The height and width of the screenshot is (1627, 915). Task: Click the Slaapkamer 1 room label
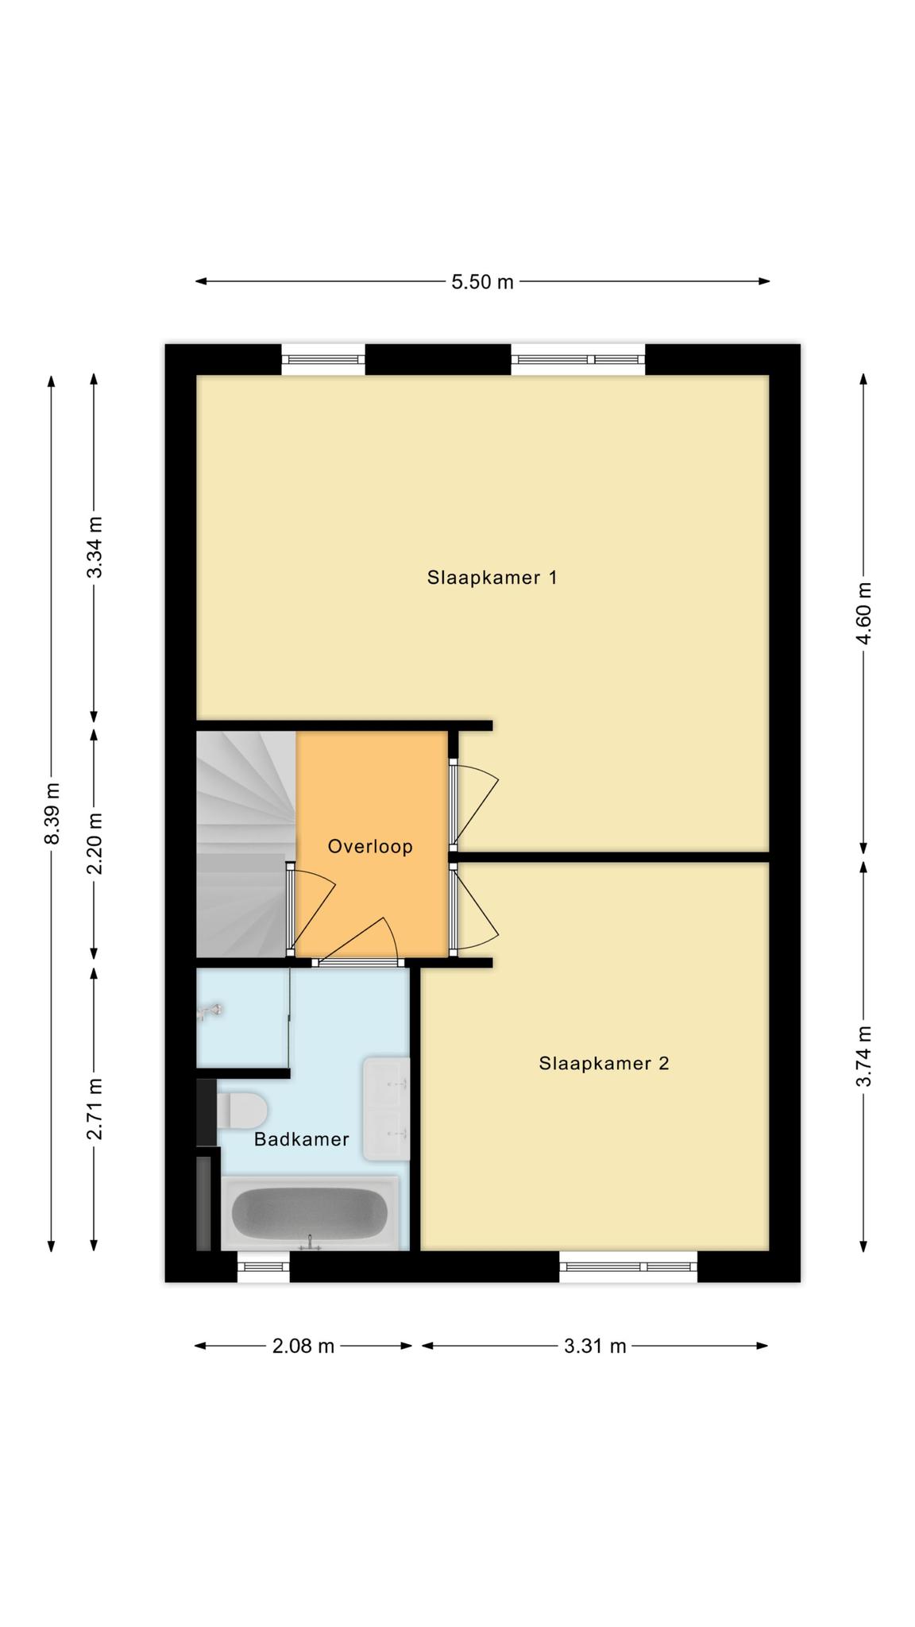tap(492, 578)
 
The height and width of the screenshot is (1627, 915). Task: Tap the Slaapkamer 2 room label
tap(604, 1063)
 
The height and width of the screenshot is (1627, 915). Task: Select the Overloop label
tap(370, 846)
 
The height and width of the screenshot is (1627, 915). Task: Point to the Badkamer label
tap(301, 1139)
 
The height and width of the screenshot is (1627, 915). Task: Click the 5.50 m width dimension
tap(482, 281)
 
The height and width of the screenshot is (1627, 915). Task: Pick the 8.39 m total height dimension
tap(52, 814)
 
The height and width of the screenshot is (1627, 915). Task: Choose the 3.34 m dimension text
tap(95, 547)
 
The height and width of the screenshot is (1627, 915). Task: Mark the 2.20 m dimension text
tap(95, 844)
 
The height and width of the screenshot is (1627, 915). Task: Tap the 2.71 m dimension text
tap(95, 1109)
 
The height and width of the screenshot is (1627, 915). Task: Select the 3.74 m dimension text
tap(864, 1056)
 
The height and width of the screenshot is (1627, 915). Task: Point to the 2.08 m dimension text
tap(303, 1346)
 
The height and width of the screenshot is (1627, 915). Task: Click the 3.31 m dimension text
tap(595, 1346)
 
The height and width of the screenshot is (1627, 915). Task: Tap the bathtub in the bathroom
tap(310, 1213)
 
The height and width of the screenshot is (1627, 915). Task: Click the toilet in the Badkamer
tap(241, 1110)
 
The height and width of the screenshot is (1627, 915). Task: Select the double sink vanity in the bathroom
tap(387, 1108)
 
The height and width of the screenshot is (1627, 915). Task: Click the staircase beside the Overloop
tap(245, 844)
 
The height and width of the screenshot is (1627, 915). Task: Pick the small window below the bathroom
tap(264, 1266)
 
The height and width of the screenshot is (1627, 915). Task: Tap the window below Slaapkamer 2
tap(628, 1266)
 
